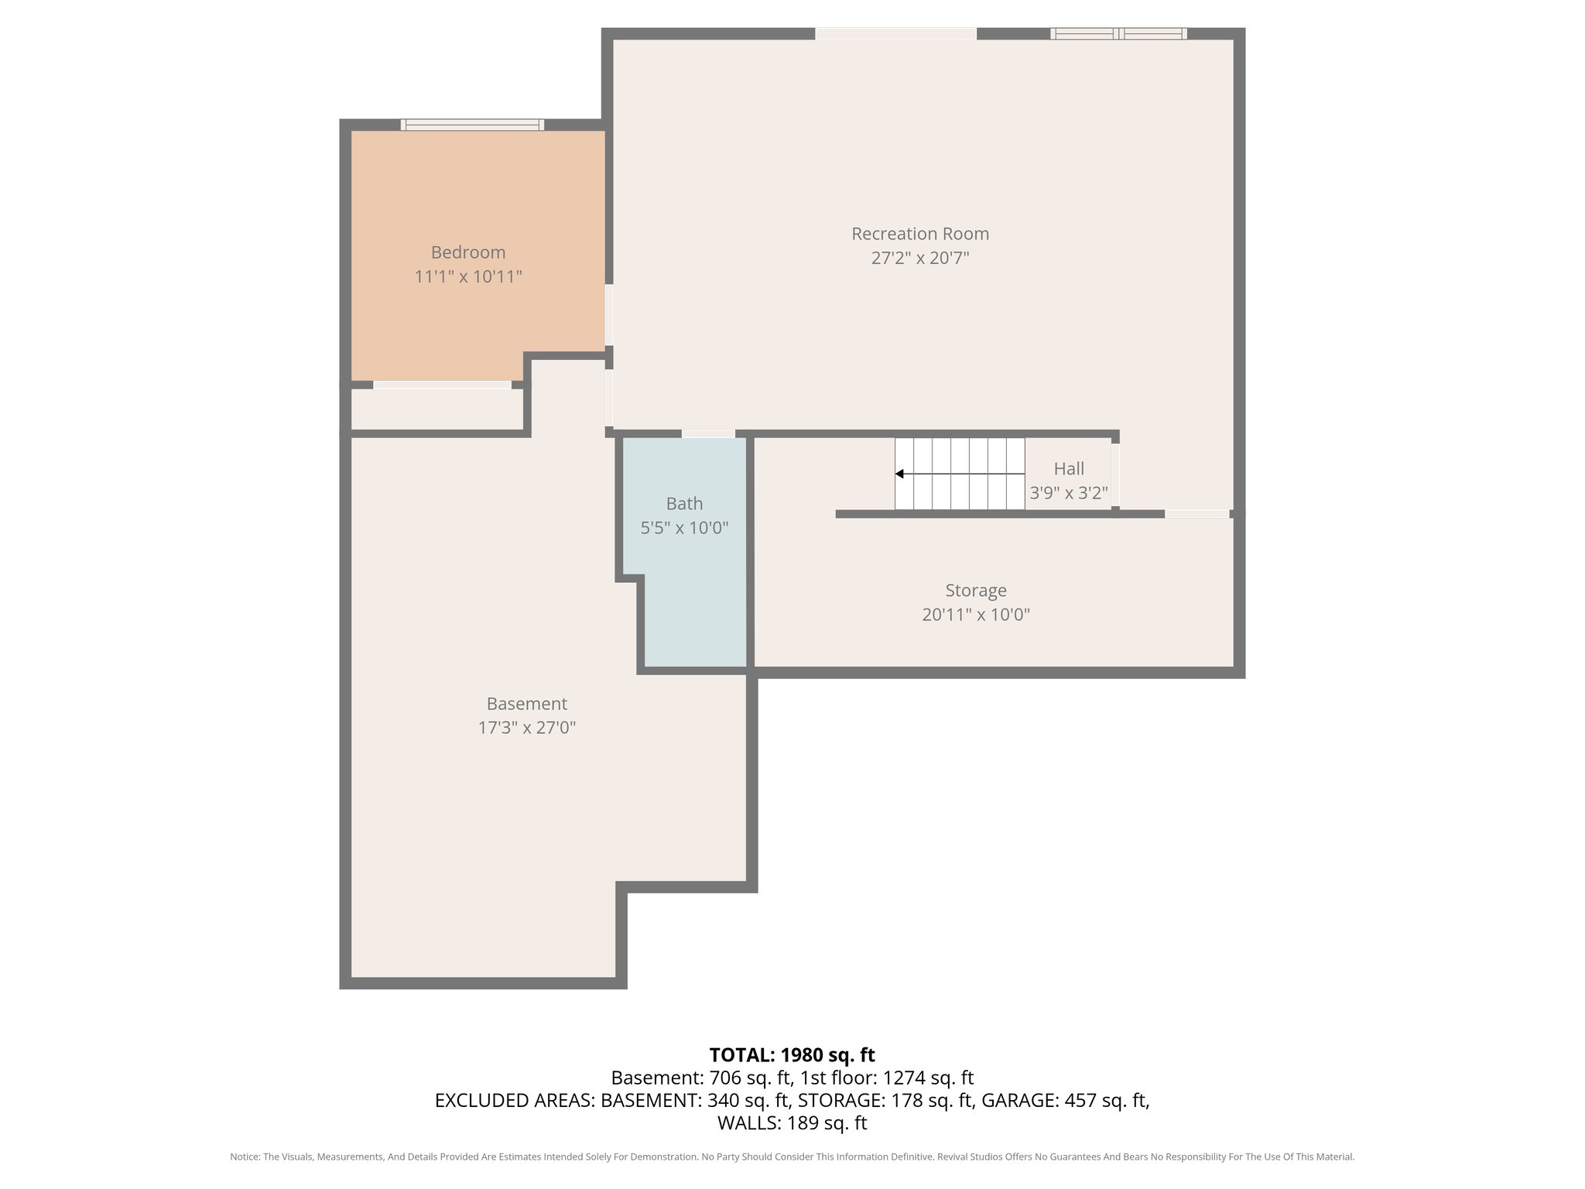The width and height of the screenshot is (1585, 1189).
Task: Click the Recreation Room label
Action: tap(919, 234)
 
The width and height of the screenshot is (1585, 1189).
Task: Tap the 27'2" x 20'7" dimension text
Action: tap(919, 258)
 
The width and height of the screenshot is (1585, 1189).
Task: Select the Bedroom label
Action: tap(467, 252)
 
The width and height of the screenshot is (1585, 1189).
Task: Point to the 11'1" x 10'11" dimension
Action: tap(467, 276)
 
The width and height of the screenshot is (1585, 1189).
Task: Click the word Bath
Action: tap(684, 504)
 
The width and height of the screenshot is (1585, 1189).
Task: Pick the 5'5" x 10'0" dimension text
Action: tap(684, 528)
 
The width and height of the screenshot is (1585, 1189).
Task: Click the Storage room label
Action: tap(975, 591)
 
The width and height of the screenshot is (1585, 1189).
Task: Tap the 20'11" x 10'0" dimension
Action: tap(975, 615)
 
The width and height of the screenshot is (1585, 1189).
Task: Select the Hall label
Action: tap(1068, 469)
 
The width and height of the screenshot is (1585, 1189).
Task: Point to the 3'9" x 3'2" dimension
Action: tap(1068, 493)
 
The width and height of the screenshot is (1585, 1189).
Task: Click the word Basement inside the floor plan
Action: tap(526, 704)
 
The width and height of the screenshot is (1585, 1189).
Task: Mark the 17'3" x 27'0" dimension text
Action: tap(526, 728)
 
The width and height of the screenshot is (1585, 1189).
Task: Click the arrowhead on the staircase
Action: tap(899, 474)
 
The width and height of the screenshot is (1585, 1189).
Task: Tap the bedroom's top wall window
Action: tap(472, 125)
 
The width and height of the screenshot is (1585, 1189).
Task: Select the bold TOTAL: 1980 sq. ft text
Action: tap(792, 1055)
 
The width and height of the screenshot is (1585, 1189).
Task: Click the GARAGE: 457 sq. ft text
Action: tap(1065, 1100)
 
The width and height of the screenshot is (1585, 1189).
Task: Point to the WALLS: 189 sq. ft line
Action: tap(792, 1122)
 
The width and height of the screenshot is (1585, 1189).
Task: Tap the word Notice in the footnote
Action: tap(245, 1156)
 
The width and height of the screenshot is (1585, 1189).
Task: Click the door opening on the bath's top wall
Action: tap(707, 433)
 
